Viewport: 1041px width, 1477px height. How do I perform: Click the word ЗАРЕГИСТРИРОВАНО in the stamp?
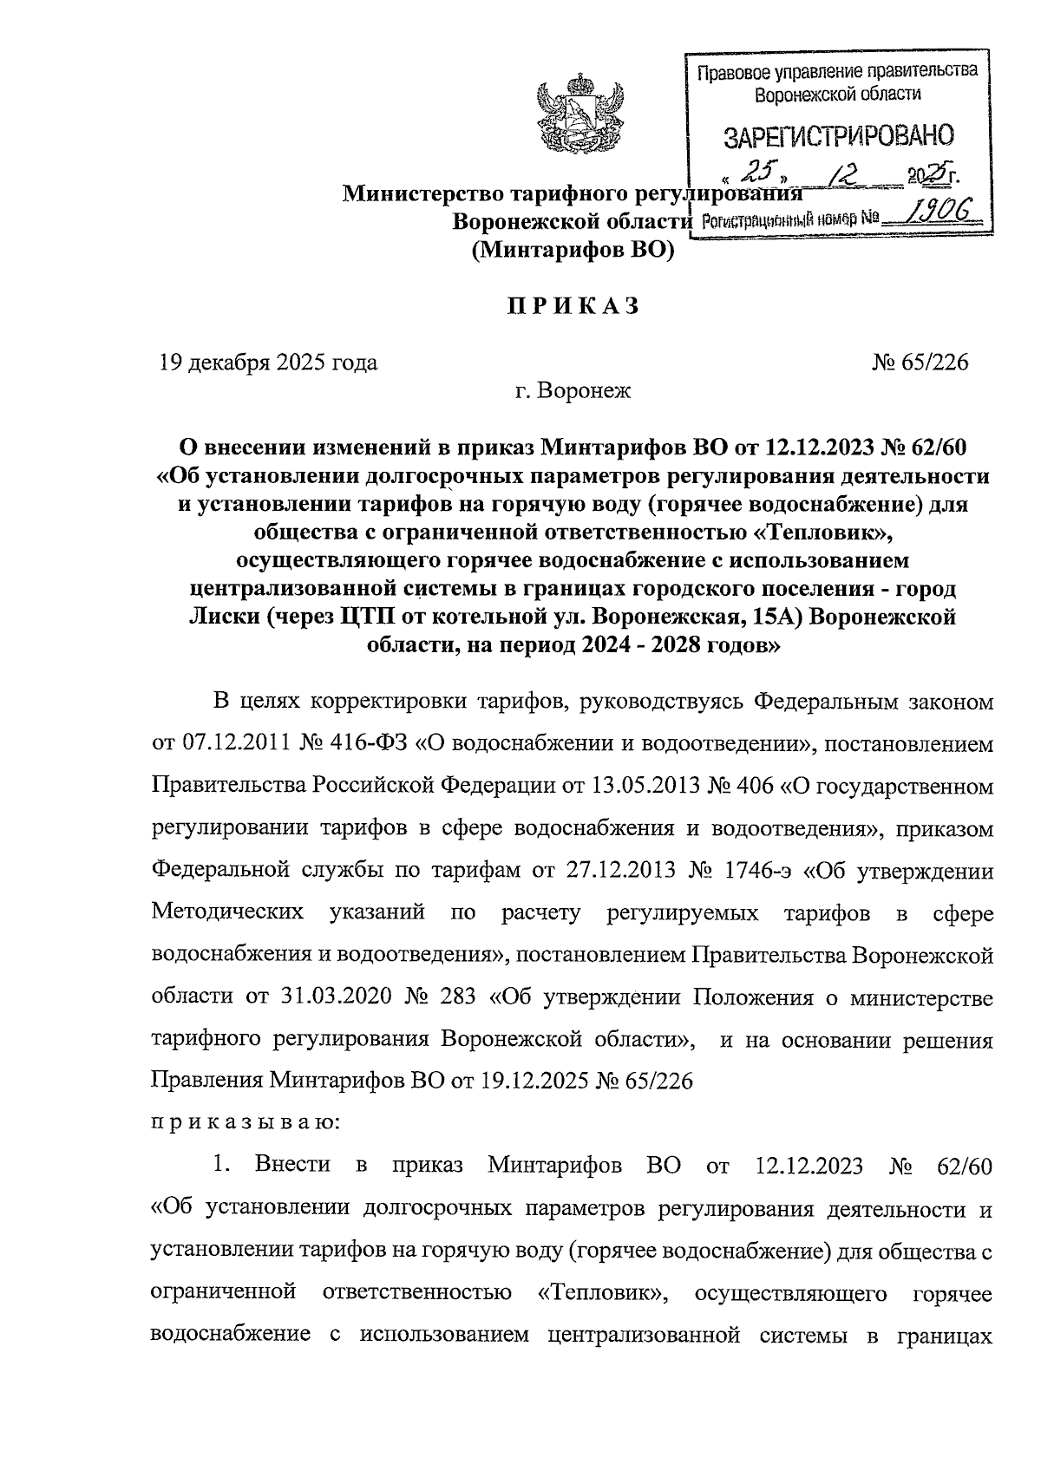click(x=838, y=136)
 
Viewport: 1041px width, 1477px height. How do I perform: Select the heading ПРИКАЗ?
click(x=573, y=306)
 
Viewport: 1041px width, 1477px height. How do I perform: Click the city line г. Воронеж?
click(x=573, y=391)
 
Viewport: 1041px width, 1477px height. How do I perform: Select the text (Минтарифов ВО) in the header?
click(x=573, y=252)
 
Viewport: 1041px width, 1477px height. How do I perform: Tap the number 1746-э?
click(x=747, y=870)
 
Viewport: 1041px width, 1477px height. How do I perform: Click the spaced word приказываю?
click(x=246, y=1123)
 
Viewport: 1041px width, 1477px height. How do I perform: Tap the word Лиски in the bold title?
click(x=224, y=618)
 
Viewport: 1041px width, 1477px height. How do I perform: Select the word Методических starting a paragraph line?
click(x=227, y=912)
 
